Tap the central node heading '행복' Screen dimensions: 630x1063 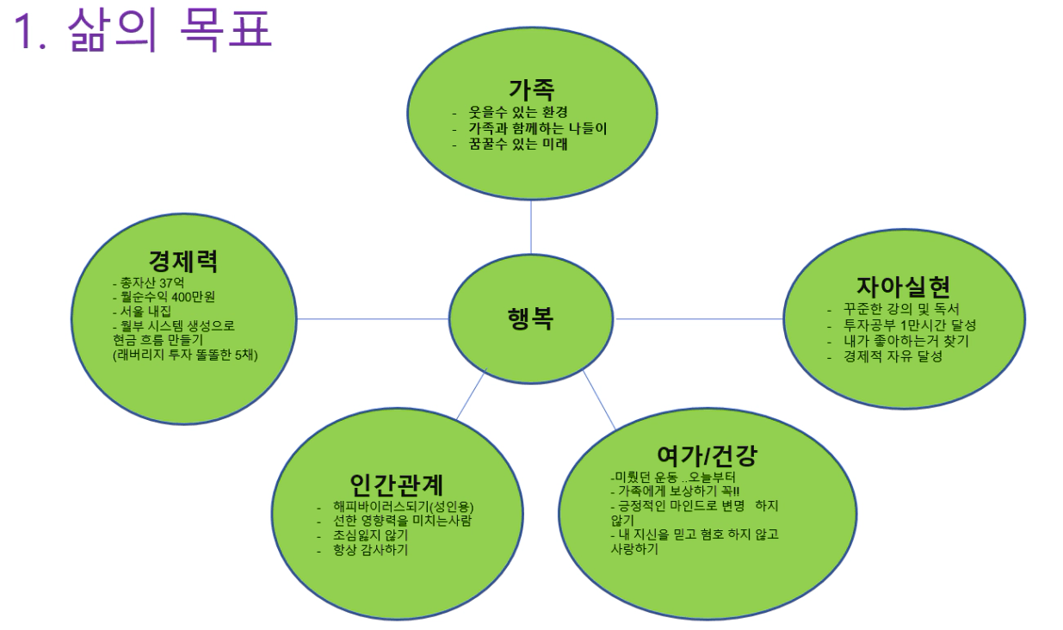pos(530,318)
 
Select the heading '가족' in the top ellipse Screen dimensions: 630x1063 pos(531,89)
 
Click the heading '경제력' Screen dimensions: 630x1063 pos(182,261)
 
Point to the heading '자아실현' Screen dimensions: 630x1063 pos(903,287)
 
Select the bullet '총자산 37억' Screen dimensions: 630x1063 pos(144,282)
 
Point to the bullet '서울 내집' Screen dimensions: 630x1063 pos(144,312)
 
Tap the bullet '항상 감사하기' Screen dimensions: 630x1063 pos(371,550)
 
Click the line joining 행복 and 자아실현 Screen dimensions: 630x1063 pos(698,318)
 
